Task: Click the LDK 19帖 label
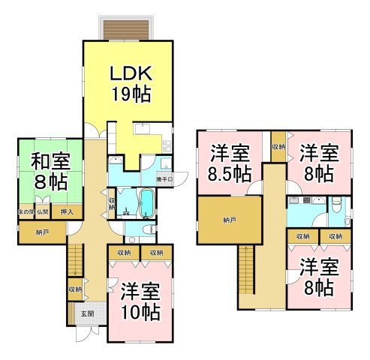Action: (x=131, y=83)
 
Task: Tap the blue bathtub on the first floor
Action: (x=146, y=202)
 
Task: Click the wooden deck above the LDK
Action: (x=128, y=28)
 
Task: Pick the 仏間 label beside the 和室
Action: (x=43, y=212)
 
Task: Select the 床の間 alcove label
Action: (x=24, y=212)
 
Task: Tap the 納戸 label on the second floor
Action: (x=229, y=220)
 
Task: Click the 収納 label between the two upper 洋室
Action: (x=278, y=147)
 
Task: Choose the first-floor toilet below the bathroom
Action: (x=149, y=228)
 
